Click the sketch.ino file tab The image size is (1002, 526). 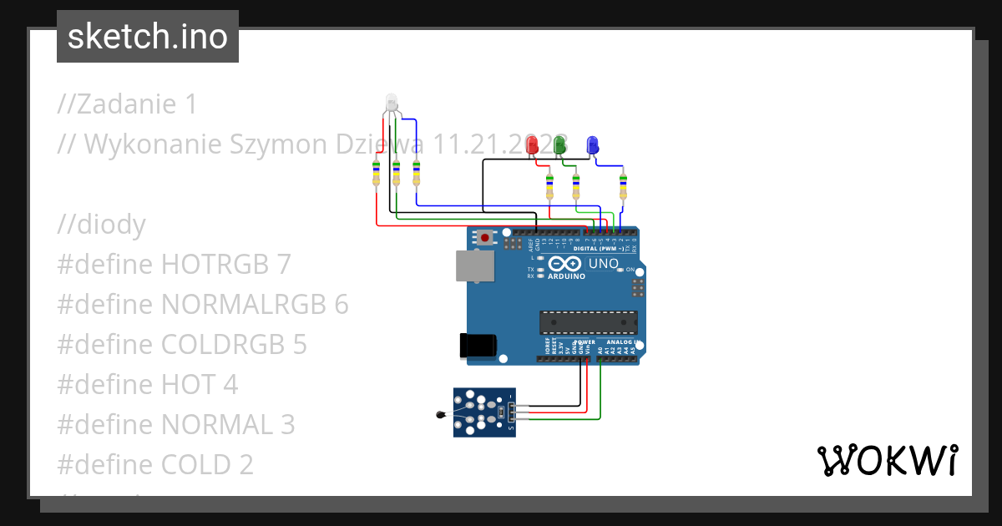(147, 37)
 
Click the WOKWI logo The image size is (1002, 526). (886, 461)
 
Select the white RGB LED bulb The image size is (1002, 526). (391, 104)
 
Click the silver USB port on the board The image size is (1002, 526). (473, 266)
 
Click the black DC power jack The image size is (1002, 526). (478, 346)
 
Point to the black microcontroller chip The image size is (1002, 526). (588, 321)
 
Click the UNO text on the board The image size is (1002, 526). (604, 264)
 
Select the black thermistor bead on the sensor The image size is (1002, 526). (440, 413)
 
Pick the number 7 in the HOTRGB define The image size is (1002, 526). (284, 265)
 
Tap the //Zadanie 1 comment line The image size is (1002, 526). (128, 104)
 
